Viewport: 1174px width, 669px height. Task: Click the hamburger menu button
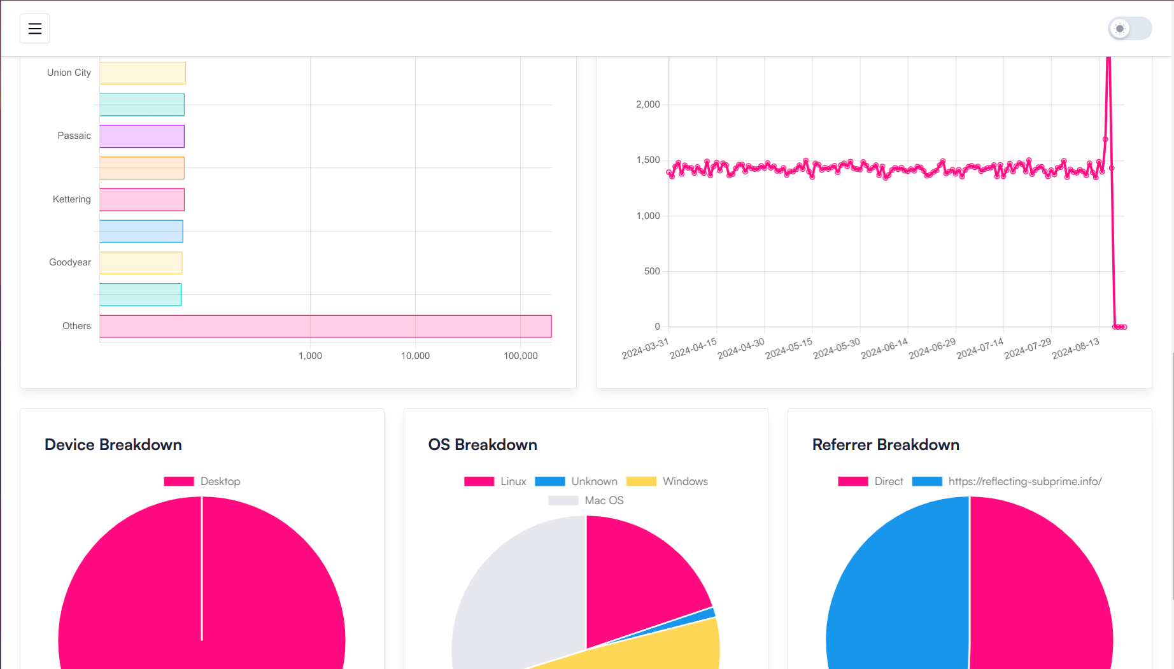(x=34, y=29)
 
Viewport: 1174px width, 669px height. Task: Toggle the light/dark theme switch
(x=1129, y=29)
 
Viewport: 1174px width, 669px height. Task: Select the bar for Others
(x=325, y=326)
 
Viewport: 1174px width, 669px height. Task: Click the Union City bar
(x=143, y=73)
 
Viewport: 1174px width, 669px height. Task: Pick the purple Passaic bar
(x=142, y=136)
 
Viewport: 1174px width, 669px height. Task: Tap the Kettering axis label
(x=71, y=199)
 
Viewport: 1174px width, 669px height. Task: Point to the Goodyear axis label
(x=69, y=262)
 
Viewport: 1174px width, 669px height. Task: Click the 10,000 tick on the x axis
(x=415, y=356)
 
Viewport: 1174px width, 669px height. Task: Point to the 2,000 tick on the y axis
(x=647, y=104)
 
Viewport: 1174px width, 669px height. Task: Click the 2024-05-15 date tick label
(x=789, y=348)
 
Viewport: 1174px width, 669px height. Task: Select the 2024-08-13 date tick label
(x=1076, y=348)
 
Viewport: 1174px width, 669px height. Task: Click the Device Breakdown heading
(x=113, y=445)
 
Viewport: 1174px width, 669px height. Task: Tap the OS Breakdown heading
(x=483, y=445)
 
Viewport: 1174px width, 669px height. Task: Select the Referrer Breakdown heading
(x=886, y=445)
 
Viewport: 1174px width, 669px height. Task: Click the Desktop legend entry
(x=202, y=481)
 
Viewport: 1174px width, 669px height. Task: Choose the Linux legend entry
(x=495, y=481)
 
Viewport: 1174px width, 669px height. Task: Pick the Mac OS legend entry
(x=586, y=500)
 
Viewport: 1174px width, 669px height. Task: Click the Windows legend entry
(x=667, y=481)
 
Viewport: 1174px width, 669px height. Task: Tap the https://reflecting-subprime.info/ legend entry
(x=1007, y=481)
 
